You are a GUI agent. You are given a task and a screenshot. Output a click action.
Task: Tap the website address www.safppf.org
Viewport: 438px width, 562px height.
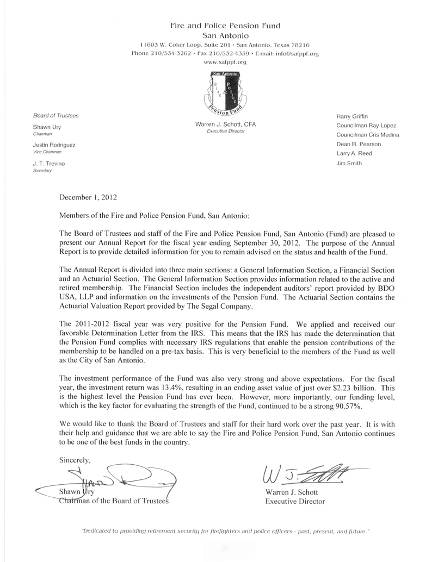225,63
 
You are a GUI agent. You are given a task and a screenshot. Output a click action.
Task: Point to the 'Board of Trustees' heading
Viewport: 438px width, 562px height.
55,116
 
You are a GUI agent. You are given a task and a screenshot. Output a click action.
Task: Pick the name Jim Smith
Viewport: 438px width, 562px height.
350,163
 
